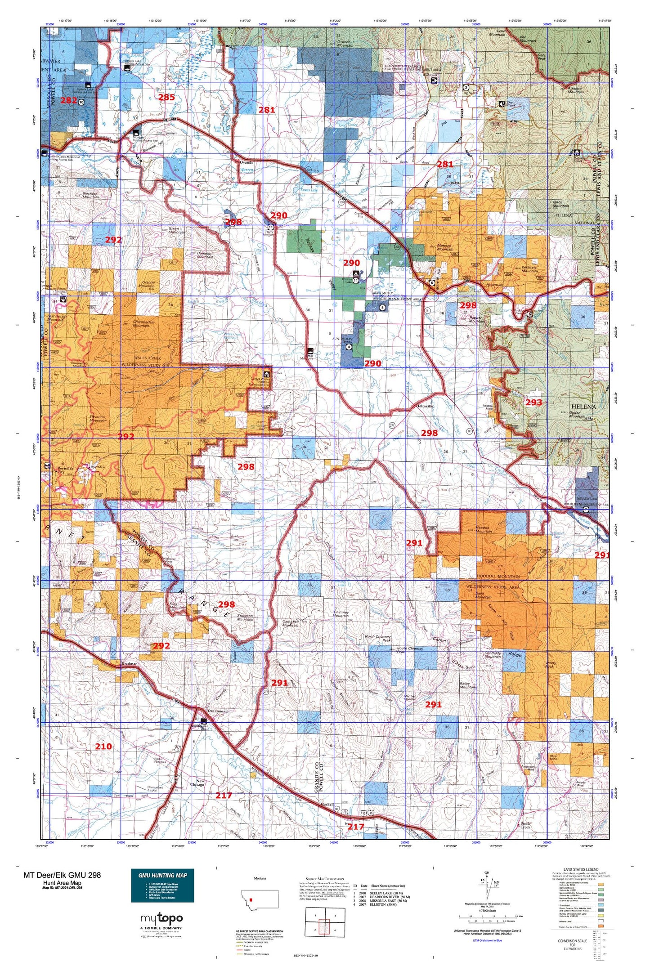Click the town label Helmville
[x=425, y=406]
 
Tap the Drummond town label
[x=218, y=711]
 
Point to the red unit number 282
[x=69, y=100]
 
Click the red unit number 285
[x=166, y=97]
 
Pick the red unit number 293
[x=533, y=402]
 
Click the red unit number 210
[x=103, y=746]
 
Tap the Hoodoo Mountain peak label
[x=484, y=529]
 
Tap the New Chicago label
[x=197, y=783]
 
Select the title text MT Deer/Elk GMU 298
[x=62, y=875]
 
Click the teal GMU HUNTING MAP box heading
[x=162, y=875]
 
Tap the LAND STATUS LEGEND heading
[x=581, y=870]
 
